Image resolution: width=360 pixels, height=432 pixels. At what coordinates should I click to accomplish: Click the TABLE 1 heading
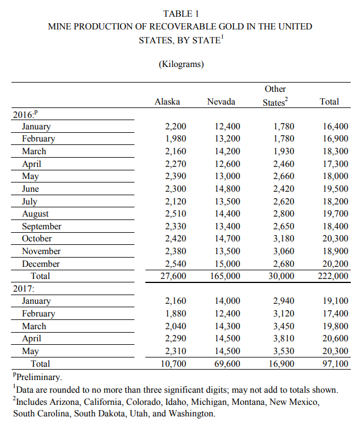tap(180, 13)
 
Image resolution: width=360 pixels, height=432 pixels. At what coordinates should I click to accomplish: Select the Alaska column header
tap(167, 102)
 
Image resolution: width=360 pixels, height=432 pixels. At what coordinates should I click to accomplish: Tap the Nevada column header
tap(221, 102)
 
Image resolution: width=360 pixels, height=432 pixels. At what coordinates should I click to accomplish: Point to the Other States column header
tap(275, 95)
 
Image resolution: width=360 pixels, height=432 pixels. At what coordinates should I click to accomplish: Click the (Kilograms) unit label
tap(181, 64)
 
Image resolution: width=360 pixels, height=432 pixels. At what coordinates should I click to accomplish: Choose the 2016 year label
tap(24, 114)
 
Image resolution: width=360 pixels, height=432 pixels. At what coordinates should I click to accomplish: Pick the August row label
tap(35, 214)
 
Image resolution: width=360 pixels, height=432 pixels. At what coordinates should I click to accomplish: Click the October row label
tap(37, 239)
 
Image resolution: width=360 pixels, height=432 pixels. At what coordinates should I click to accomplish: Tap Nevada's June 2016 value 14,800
tap(227, 189)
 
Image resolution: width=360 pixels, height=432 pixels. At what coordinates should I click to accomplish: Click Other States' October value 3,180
tap(283, 239)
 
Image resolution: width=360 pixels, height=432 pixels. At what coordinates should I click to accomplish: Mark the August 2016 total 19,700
tap(336, 214)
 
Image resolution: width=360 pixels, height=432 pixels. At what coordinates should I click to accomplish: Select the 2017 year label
tap(24, 289)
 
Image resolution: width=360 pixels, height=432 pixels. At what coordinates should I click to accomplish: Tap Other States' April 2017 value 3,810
tap(283, 339)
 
